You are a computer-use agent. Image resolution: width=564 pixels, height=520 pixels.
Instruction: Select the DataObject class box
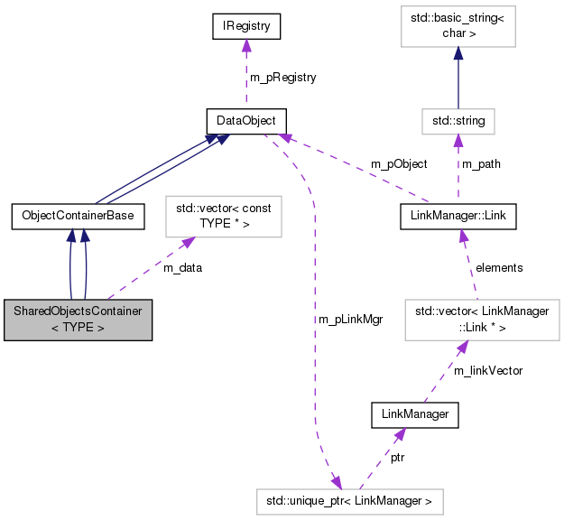(x=246, y=120)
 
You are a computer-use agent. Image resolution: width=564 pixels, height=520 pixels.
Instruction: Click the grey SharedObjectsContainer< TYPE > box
(x=78, y=320)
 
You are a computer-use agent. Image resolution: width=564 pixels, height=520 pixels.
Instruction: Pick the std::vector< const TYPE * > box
(x=222, y=214)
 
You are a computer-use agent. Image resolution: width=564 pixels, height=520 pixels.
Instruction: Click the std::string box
(x=458, y=120)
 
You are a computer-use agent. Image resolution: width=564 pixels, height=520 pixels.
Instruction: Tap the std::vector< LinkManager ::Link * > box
(x=482, y=319)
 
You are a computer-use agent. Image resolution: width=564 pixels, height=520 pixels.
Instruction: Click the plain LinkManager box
(x=416, y=414)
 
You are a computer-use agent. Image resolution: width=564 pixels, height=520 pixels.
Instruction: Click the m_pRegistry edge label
(x=282, y=78)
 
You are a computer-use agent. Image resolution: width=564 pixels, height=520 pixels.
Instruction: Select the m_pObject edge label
(x=399, y=164)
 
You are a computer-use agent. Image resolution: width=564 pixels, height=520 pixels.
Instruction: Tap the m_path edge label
(x=481, y=164)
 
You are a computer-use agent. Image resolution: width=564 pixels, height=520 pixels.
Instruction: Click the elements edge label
(x=499, y=267)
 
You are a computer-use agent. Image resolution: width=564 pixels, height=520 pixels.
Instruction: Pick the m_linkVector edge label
(x=487, y=370)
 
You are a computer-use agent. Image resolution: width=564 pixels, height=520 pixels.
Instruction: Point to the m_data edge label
(x=182, y=267)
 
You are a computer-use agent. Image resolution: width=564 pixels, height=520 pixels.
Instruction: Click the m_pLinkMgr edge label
(x=345, y=320)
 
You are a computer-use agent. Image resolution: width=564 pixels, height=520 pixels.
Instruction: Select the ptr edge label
(x=397, y=458)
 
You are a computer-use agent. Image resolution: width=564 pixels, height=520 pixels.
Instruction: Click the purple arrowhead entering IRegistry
(x=245, y=47)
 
